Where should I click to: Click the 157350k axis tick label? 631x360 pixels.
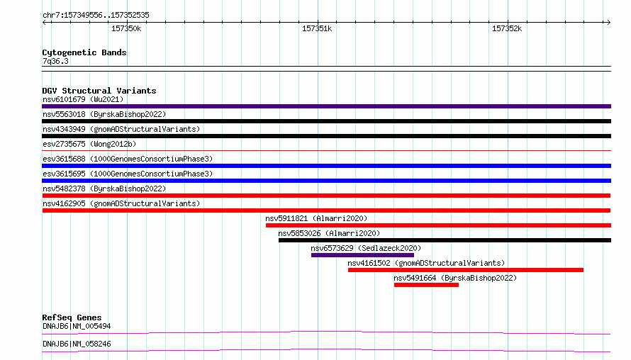pos(126,28)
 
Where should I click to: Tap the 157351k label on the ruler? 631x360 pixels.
pos(317,28)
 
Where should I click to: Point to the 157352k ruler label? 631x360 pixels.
pos(507,28)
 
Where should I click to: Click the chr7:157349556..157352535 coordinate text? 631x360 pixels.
pos(96,15)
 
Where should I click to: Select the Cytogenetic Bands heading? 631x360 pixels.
pos(84,52)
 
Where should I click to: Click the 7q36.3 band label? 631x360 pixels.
pos(55,61)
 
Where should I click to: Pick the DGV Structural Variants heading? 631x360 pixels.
pos(99,91)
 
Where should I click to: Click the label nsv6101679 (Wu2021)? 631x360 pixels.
pos(83,99)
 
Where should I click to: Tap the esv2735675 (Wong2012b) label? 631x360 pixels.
pos(89,144)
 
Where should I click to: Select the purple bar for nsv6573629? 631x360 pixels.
pos(362,255)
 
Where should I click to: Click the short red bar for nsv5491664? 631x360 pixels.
pos(426,285)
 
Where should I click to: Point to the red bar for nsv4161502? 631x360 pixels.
pos(466,270)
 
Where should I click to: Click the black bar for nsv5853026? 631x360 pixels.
pos(445,240)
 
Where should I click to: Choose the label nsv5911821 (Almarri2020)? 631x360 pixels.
pos(316,218)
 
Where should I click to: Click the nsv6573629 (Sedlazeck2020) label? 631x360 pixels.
pos(366,248)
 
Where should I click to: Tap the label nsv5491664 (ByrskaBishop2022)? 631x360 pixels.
pos(455,278)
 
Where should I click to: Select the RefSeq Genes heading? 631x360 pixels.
pos(72,317)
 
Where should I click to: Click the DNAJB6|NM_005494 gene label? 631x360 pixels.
pos(77,326)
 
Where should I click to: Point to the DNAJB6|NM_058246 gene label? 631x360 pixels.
pos(77,344)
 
